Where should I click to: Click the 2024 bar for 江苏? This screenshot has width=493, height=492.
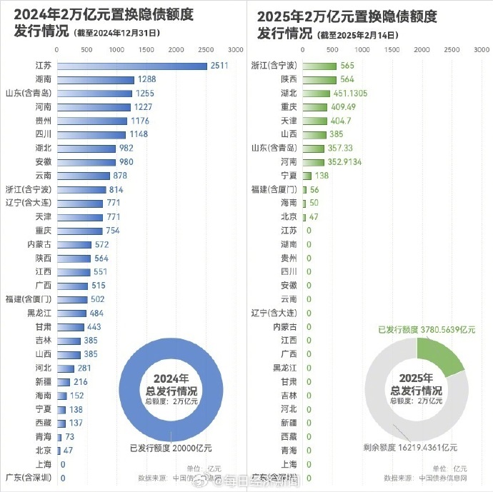pos(131,66)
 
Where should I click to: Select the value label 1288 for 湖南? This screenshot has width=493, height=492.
pos(146,79)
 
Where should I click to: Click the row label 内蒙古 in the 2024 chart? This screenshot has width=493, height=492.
pos(38,244)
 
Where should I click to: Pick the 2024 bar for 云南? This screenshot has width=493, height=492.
pos(83,176)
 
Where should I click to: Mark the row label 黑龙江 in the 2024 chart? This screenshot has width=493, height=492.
pos(39,313)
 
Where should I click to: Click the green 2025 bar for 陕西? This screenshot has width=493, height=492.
pos(319,79)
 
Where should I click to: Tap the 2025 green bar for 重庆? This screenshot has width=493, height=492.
pos(315,107)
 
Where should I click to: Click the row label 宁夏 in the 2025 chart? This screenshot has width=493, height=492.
pos(288,176)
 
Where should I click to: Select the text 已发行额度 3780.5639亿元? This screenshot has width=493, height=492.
pos(427,330)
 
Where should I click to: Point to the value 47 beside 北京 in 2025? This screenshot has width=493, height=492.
pos(312,216)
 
